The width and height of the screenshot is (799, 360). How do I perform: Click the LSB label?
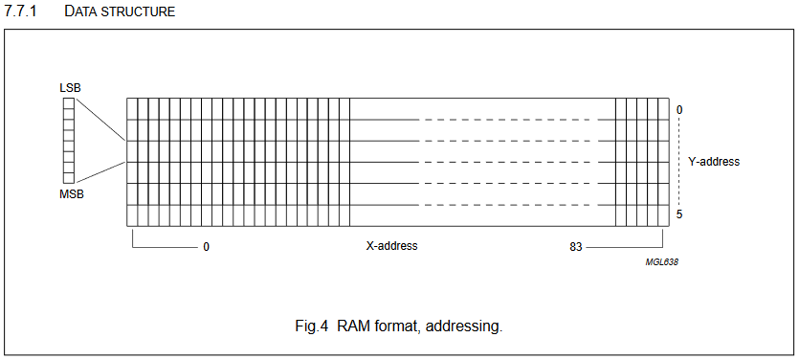pyautogui.click(x=70, y=88)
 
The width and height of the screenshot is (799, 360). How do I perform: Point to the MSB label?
pyautogui.click(x=71, y=194)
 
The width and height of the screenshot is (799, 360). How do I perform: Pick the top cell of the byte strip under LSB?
pyautogui.click(x=69, y=101)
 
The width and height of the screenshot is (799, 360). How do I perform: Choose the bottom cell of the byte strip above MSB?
pyautogui.click(x=69, y=176)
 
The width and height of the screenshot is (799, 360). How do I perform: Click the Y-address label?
pyautogui.click(x=714, y=162)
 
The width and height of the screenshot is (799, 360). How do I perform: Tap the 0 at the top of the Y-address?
pyautogui.click(x=679, y=110)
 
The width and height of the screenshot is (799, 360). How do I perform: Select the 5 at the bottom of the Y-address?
pyautogui.click(x=679, y=214)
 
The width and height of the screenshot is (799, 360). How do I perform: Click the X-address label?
pyautogui.click(x=392, y=246)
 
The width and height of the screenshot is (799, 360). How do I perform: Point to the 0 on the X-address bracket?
pyautogui.click(x=206, y=247)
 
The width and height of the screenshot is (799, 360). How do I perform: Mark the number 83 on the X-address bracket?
pyautogui.click(x=576, y=247)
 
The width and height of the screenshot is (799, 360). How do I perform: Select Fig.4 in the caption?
pyautogui.click(x=312, y=326)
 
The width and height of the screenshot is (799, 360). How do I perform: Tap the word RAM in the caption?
pyautogui.click(x=354, y=326)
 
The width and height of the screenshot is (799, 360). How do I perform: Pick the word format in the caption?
pyautogui.click(x=397, y=326)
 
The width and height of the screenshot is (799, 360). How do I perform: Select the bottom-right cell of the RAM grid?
pyautogui.click(x=664, y=215)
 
